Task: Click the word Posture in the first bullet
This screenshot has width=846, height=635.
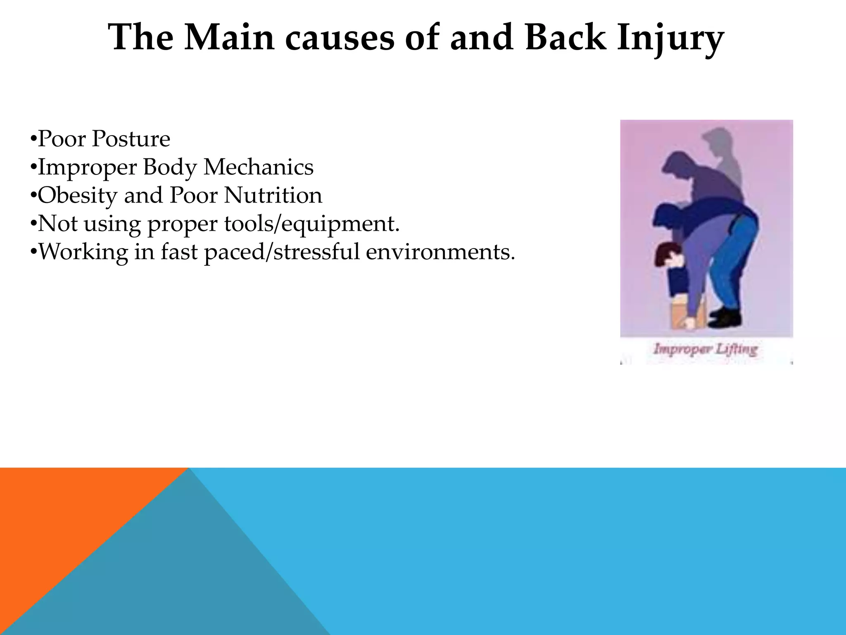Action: click(x=131, y=139)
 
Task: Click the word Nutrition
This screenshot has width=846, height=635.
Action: click(x=273, y=196)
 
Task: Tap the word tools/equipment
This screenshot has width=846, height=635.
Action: click(x=312, y=224)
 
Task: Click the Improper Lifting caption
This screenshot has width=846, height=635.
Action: click(x=705, y=350)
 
